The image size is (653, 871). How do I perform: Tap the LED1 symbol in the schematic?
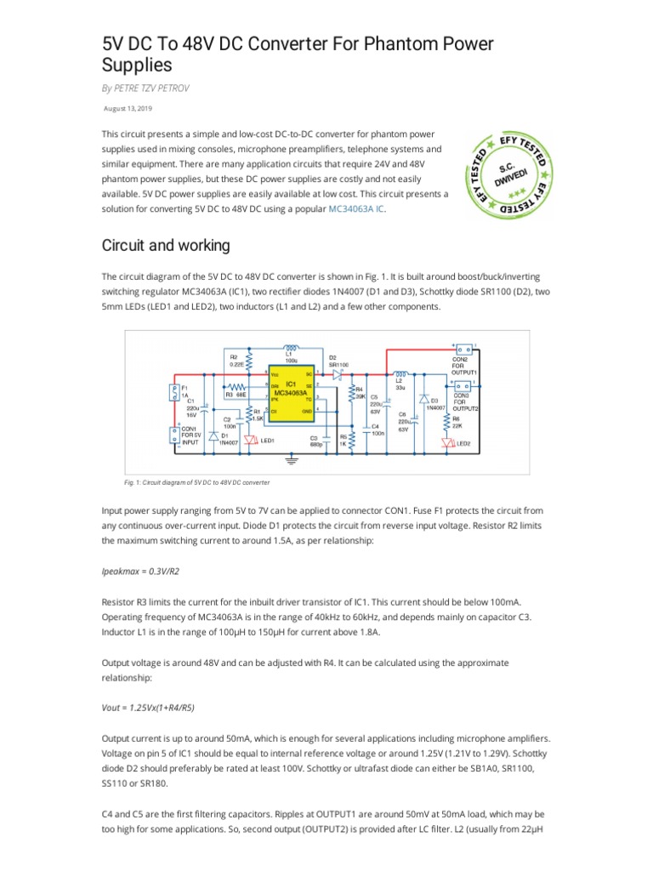point(250,440)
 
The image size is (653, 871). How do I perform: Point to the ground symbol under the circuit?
point(294,459)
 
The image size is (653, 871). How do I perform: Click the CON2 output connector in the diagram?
point(463,350)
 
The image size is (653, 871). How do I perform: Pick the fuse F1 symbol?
point(174,393)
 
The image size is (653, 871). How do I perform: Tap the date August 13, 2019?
point(128,109)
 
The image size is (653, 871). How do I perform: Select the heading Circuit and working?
point(166,246)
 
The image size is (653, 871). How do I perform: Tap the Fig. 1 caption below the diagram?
point(197,482)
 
